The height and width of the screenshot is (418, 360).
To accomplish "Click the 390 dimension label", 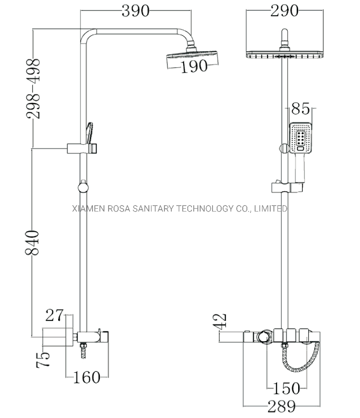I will tap(135, 11).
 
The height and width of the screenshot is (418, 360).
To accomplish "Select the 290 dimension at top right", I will tap(284, 10).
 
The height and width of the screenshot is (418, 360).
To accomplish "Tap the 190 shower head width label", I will tap(193, 67).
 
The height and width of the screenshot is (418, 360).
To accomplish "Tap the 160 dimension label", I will tap(87, 378).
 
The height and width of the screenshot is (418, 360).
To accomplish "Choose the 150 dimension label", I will tap(287, 389).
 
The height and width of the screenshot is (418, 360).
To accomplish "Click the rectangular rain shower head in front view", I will tap(284, 55).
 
